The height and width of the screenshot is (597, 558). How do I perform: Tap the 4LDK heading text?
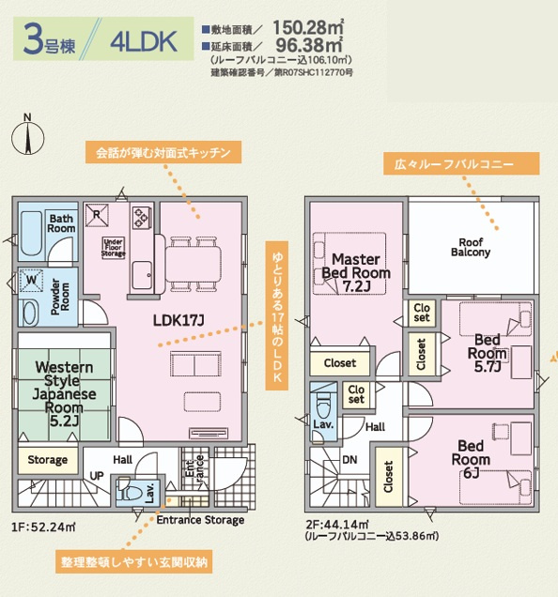pos(144,41)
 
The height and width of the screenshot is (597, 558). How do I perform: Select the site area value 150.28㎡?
pos(308,27)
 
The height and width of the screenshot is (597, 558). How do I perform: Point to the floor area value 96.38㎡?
pos(309,45)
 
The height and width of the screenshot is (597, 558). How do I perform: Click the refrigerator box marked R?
pos(97,215)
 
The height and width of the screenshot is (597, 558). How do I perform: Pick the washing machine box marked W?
pos(31,281)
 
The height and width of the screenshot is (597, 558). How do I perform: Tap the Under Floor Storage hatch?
pos(114,248)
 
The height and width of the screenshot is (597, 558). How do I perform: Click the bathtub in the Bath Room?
pos(32,234)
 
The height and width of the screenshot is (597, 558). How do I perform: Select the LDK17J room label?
pos(178,320)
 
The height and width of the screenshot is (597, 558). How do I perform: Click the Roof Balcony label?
pos(471,247)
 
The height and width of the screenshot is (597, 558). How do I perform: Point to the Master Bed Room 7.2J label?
pos(356,272)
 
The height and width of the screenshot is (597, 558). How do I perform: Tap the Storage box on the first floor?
pos(48,460)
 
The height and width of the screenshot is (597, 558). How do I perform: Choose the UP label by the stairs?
pos(97,476)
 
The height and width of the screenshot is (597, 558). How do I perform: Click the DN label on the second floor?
pos(349,460)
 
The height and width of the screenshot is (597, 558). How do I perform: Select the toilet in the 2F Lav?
pos(323,405)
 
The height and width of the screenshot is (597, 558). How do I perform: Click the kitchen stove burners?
pos(142,217)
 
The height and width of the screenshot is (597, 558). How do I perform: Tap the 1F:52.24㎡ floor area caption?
pos(43,528)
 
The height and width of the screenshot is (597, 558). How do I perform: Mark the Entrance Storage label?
pos(200,520)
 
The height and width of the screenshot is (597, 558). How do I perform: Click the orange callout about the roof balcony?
pos(461,164)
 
